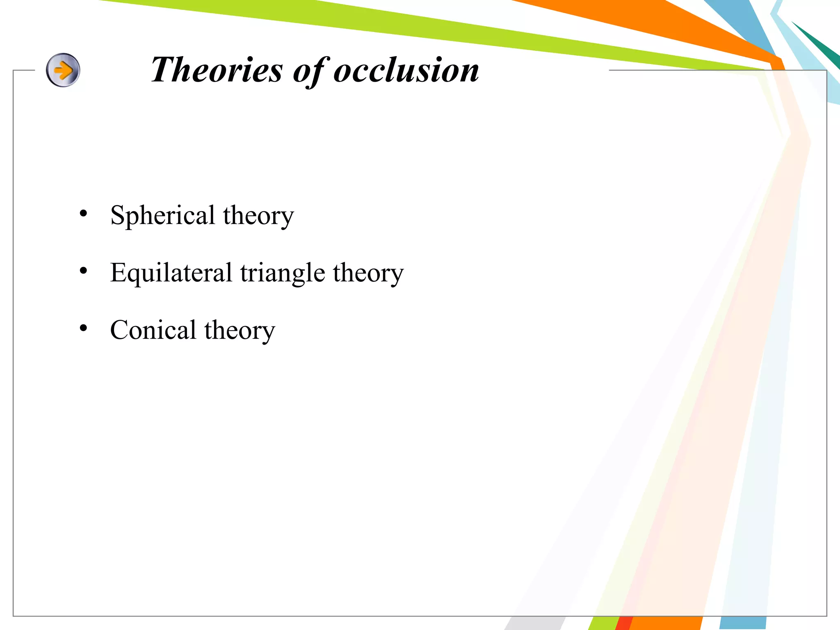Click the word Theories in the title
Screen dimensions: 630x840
pyautogui.click(x=217, y=70)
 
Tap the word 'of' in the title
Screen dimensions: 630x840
pyautogui.click(x=310, y=71)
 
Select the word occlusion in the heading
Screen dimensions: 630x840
pyautogui.click(x=406, y=70)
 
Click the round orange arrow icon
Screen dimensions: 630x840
pyautogui.click(x=63, y=70)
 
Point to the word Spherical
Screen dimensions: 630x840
pyautogui.click(x=162, y=215)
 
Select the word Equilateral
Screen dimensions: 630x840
pyautogui.click(x=171, y=273)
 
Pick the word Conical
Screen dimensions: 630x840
pyautogui.click(x=153, y=330)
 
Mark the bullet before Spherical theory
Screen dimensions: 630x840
pyautogui.click(x=84, y=213)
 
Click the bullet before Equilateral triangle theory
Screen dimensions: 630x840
pyautogui.click(x=84, y=271)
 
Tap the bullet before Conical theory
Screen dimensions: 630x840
pyautogui.click(x=84, y=328)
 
